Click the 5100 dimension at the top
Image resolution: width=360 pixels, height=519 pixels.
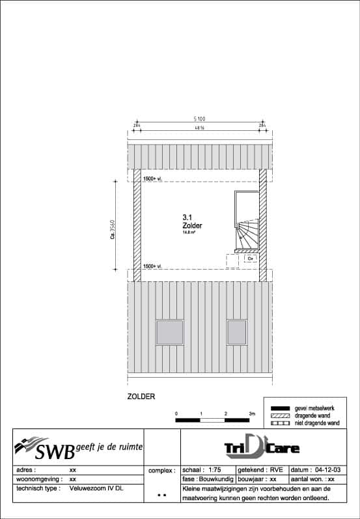[199, 119]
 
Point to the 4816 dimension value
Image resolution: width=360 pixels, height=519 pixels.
[199, 128]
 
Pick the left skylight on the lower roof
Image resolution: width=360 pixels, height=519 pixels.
[169, 332]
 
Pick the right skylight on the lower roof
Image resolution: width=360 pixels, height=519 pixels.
[238, 332]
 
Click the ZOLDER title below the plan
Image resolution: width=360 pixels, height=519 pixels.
[141, 395]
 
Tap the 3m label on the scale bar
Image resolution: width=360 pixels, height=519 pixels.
[252, 414]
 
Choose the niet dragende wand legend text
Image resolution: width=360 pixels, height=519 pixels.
[317, 423]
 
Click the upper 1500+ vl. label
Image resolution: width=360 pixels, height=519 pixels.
[152, 178]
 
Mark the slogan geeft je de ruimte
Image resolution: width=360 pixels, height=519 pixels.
[109, 445]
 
